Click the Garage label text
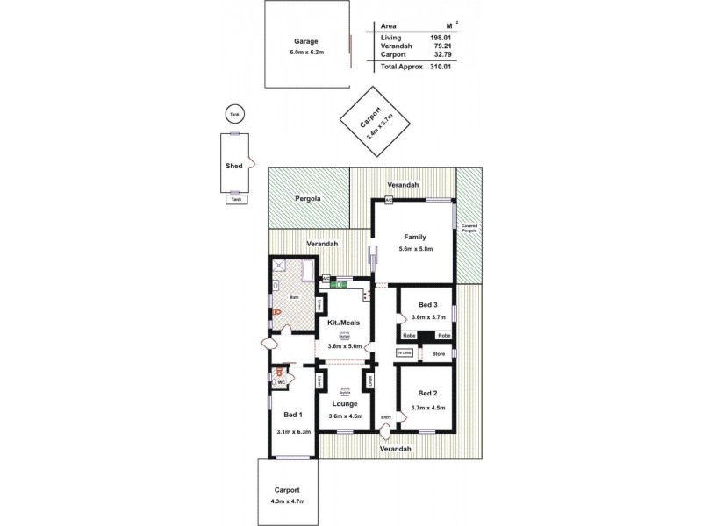pos(306,41)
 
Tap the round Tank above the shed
pos(233,115)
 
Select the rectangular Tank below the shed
pos(234,199)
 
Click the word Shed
pos(233,165)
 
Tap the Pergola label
pos(307,199)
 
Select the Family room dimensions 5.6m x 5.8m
pos(415,249)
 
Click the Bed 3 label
pos(429,304)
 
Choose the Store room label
pos(439,354)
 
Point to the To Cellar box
pos(405,353)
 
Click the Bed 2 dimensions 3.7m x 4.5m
pos(429,407)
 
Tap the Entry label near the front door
pos(385,416)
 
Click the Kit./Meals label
pos(344,323)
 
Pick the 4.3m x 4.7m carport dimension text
pos(287,502)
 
